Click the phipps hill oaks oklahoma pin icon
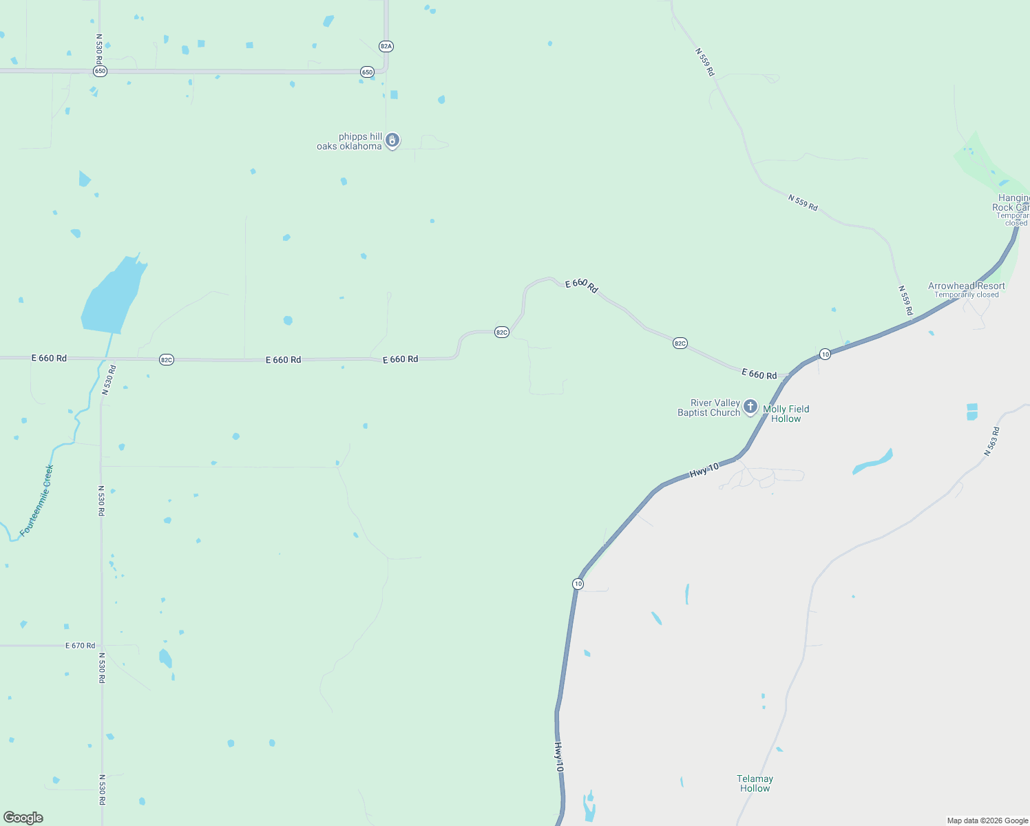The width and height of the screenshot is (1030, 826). (x=392, y=141)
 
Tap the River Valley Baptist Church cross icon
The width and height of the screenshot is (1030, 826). (x=750, y=407)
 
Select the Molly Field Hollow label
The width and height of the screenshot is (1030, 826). (x=786, y=414)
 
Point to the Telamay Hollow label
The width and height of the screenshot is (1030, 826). (x=755, y=783)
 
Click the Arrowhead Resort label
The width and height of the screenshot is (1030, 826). (x=966, y=286)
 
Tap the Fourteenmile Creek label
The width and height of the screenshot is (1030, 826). (x=37, y=500)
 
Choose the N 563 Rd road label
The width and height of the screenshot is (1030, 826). (x=991, y=442)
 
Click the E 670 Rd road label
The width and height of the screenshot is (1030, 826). (x=81, y=646)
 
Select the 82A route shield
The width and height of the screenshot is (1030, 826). (x=386, y=46)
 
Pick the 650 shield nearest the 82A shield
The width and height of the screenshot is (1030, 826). (x=367, y=72)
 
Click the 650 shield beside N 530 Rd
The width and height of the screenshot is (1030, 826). (x=101, y=72)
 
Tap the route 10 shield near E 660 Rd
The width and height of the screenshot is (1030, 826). (x=825, y=354)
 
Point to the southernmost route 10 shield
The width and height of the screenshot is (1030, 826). (x=578, y=584)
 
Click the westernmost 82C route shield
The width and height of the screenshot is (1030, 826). (x=166, y=359)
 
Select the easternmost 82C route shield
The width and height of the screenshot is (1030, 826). (x=680, y=343)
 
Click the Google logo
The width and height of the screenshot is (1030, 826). (x=23, y=818)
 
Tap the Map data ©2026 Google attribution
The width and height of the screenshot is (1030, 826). (x=987, y=820)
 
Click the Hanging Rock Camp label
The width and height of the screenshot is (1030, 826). (x=1013, y=203)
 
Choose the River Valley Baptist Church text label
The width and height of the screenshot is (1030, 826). (x=708, y=407)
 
